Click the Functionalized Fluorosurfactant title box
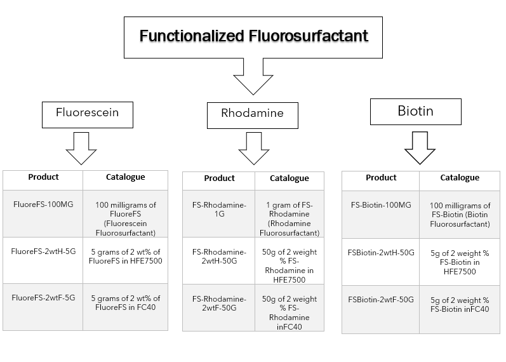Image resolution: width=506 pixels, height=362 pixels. (x=253, y=37)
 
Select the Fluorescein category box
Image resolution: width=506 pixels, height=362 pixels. (x=88, y=115)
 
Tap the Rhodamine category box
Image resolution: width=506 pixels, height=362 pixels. (x=252, y=116)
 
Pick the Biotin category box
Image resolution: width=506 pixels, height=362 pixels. (x=416, y=112)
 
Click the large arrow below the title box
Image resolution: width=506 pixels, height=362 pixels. (x=253, y=77)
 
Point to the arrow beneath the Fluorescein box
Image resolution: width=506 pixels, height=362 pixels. (x=81, y=149)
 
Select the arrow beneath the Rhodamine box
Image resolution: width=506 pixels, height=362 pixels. (x=254, y=149)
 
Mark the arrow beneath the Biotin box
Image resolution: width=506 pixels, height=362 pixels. (x=420, y=148)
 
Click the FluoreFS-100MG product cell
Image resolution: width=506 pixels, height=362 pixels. (x=43, y=214)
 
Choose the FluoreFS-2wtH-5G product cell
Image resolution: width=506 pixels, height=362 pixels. (x=43, y=260)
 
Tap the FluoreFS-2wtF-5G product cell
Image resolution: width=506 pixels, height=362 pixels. (x=43, y=307)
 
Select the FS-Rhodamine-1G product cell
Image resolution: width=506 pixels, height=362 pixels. (x=219, y=214)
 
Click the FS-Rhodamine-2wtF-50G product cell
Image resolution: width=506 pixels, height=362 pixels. (x=219, y=308)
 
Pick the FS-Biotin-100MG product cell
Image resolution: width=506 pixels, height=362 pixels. (x=381, y=215)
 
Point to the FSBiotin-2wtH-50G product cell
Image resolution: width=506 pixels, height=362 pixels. (x=381, y=262)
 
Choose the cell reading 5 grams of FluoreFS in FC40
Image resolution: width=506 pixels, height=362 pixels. (x=125, y=307)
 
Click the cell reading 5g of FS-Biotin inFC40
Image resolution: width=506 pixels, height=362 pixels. (x=460, y=310)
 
